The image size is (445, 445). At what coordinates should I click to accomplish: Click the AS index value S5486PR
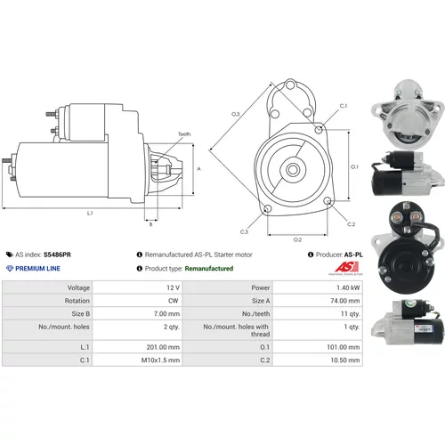pos(57,255)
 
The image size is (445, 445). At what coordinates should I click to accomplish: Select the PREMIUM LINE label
pos(37,269)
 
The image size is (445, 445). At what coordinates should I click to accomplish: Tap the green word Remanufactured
pos(209,269)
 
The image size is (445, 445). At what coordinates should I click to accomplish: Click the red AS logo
pos(346,267)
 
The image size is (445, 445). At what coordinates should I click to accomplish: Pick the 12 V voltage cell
pos(174,287)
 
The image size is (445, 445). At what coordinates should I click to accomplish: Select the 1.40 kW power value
pos(348,287)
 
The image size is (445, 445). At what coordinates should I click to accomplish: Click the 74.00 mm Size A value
pos(345,301)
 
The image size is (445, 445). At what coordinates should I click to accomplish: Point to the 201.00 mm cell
pos(163,347)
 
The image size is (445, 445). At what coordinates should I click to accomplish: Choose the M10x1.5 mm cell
pos(160,360)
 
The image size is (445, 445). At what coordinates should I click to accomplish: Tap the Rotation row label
pos(77,301)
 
